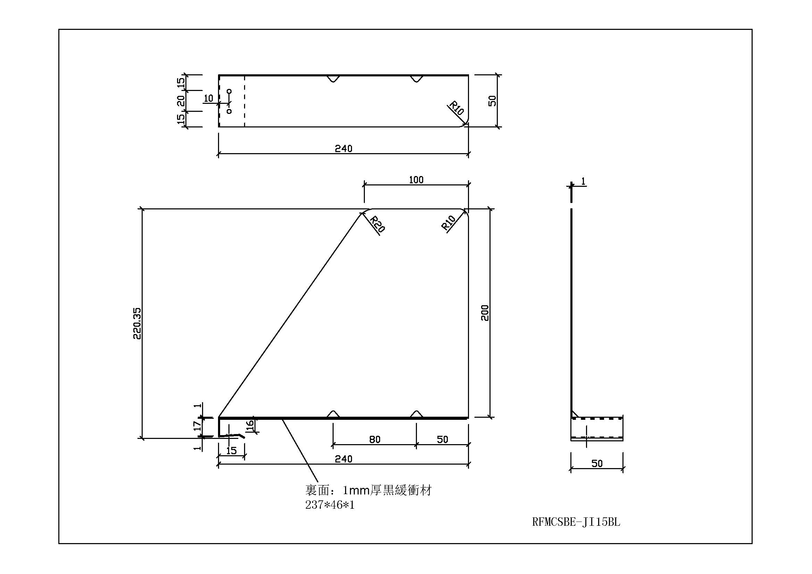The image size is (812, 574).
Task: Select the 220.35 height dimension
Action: [x=137, y=323]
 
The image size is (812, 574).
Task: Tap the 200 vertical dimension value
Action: [x=485, y=313]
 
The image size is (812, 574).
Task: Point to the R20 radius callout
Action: [x=377, y=224]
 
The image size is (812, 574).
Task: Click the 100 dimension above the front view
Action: [x=416, y=180]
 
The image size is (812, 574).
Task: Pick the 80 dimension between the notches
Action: [x=375, y=440]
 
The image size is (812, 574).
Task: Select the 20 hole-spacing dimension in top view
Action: [x=181, y=100]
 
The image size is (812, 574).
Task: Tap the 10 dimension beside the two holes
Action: [x=209, y=98]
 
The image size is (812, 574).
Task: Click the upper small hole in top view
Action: [x=229, y=91]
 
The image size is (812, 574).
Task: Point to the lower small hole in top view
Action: [x=229, y=111]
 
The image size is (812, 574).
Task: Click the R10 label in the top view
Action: [x=457, y=108]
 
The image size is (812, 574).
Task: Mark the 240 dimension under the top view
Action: [x=343, y=149]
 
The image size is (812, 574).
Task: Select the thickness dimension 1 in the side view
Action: [x=583, y=181]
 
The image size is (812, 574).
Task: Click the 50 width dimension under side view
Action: [x=597, y=463]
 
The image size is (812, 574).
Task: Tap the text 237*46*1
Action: [x=329, y=505]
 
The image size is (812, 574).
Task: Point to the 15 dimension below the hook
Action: [x=231, y=451]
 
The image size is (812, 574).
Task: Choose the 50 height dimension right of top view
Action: [x=492, y=101]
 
